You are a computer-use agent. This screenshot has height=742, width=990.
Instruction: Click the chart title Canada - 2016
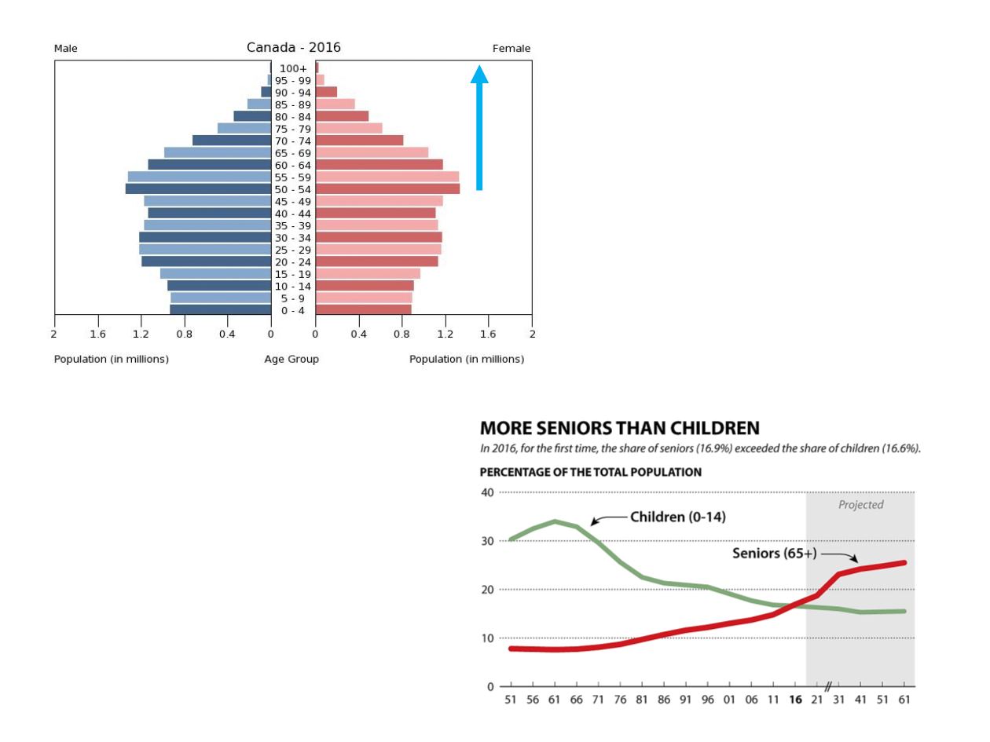click(x=293, y=48)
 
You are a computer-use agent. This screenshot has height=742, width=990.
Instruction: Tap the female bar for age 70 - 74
click(x=359, y=141)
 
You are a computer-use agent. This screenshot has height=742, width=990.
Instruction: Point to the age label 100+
click(x=293, y=69)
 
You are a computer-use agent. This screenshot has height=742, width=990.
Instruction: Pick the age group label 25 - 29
click(x=293, y=250)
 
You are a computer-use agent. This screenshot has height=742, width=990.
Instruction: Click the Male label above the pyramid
click(x=66, y=49)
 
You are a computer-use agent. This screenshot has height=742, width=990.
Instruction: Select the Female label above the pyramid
click(x=511, y=49)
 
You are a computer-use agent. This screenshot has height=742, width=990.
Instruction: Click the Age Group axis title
click(x=291, y=360)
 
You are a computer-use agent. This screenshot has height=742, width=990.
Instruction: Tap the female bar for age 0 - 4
click(x=363, y=309)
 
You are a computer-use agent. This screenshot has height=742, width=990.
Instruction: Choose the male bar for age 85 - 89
click(x=259, y=104)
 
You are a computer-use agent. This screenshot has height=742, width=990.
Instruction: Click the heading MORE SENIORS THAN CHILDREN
click(x=619, y=429)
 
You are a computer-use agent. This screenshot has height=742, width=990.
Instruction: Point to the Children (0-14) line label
click(x=677, y=517)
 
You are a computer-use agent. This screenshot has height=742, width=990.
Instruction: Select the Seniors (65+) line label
click(x=774, y=554)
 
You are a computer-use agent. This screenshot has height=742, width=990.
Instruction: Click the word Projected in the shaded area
click(x=860, y=505)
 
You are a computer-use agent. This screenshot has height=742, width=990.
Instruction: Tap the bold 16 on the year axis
click(x=796, y=700)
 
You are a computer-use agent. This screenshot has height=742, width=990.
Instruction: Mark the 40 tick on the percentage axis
click(x=487, y=492)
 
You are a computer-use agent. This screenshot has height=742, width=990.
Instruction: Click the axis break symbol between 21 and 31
click(x=828, y=687)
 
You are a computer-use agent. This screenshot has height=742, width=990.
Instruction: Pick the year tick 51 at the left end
click(x=511, y=700)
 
